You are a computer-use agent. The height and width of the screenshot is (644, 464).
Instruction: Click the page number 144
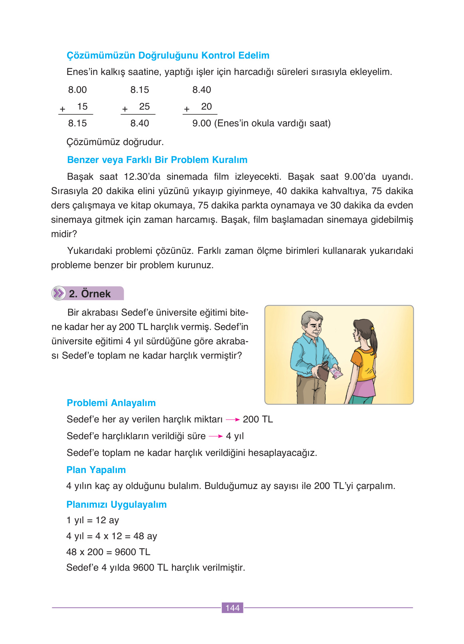point(232,608)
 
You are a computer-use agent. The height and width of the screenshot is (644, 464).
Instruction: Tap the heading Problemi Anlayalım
point(111,403)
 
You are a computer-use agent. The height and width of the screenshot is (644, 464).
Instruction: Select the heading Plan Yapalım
point(96,470)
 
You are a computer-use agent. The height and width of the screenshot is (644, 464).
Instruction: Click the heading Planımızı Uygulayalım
point(116,505)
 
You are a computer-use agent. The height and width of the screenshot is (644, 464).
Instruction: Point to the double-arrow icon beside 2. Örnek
point(59,294)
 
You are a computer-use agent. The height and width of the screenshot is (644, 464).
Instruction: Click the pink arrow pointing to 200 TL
point(233,420)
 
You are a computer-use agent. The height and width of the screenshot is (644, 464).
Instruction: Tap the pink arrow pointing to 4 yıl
point(215,436)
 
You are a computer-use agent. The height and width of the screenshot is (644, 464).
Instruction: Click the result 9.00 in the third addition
point(201,124)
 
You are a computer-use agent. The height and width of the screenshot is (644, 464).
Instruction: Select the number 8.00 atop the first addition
point(77,90)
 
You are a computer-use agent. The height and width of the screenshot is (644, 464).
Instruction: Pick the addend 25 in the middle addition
point(144,107)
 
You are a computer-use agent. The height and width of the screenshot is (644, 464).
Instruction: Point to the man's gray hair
point(309,319)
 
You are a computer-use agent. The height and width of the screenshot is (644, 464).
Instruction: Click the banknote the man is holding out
point(336,373)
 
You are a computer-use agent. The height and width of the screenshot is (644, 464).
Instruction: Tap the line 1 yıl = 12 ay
point(93,520)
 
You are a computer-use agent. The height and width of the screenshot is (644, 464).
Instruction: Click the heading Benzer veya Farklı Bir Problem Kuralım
point(157,160)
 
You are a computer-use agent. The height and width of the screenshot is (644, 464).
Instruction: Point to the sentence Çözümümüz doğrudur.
point(115,142)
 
